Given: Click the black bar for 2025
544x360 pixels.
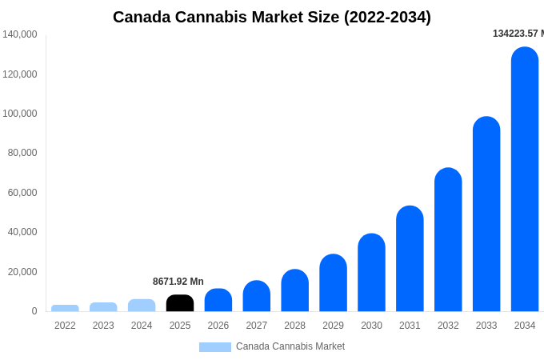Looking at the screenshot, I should [x=180, y=303].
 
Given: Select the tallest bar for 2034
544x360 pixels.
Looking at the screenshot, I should [x=525, y=179].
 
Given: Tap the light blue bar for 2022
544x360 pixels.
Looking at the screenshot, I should [x=65, y=308].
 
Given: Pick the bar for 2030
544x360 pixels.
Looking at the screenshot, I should [x=371, y=273].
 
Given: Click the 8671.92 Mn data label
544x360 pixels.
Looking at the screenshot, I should [x=178, y=282].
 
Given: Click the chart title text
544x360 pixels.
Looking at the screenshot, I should [x=272, y=17].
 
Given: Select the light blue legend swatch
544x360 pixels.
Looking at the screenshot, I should [x=214, y=347].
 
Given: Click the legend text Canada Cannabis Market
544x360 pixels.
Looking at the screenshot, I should [x=290, y=347].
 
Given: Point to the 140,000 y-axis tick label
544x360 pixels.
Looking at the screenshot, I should [x=20, y=34].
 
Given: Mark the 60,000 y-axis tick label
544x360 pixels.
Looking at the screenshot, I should [x=22, y=193].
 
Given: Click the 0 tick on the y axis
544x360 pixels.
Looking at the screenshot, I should [x=34, y=311].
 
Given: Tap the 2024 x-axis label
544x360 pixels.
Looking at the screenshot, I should [x=142, y=326].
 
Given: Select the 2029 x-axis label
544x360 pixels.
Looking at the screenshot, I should [x=333, y=326].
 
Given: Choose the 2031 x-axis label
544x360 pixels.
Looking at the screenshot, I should [x=410, y=326].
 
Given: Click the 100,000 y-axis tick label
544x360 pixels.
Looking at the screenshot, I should [x=20, y=114].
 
